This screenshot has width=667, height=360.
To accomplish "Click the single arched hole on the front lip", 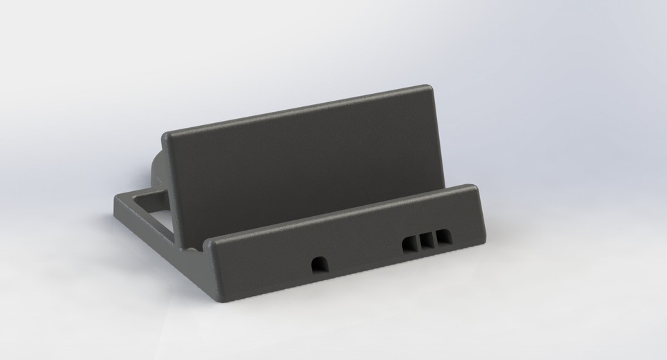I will click(x=320, y=264).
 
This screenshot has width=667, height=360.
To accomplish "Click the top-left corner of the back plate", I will click(x=167, y=134).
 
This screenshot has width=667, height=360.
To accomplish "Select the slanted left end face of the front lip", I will click(x=212, y=268).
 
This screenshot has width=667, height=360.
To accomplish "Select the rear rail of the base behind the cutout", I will click(x=142, y=192).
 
